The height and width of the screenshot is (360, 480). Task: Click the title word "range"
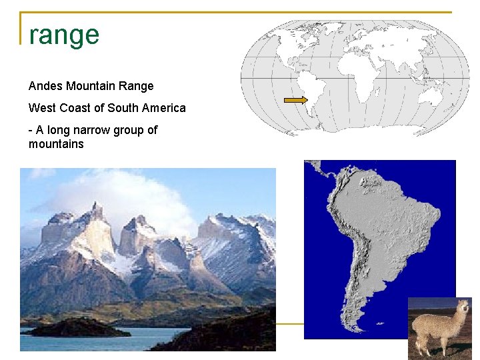point(64,35)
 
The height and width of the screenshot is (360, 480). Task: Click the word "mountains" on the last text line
point(56,144)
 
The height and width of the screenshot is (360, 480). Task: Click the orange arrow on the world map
point(295,100)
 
